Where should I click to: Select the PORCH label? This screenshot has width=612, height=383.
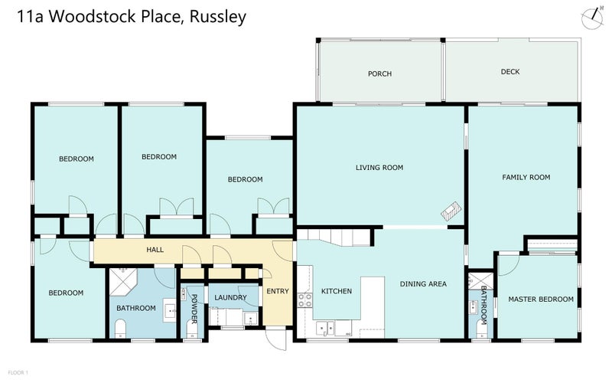379,74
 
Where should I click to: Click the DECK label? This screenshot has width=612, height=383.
510,71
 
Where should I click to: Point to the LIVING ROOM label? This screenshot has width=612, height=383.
379,167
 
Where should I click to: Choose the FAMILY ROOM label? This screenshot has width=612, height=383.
526,177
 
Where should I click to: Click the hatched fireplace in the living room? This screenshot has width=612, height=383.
451,211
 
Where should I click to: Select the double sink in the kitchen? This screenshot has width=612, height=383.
326,327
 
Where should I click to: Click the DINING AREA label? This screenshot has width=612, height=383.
423,284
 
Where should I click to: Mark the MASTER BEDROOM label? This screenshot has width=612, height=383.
541,299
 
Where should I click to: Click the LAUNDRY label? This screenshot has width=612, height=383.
230,297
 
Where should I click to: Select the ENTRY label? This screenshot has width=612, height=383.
277,291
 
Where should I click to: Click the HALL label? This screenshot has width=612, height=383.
155,250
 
